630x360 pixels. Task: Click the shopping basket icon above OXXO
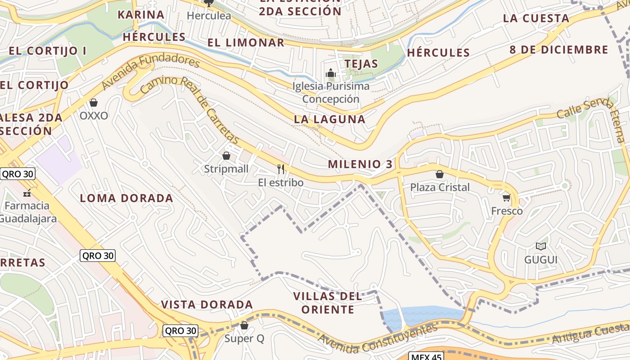coord(94,103)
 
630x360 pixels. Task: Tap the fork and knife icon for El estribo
coord(281,169)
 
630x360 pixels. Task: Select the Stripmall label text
coord(226,169)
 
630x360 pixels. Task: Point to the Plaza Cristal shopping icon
coord(440,174)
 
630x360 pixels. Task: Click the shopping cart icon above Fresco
coord(507,198)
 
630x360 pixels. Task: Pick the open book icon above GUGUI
coord(540,247)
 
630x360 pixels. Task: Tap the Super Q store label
coord(244,338)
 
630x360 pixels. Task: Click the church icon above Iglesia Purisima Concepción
coord(331,73)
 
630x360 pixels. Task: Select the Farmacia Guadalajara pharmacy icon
coord(27,193)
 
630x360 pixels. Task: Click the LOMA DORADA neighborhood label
coord(126,198)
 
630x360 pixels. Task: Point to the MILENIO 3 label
coord(360,164)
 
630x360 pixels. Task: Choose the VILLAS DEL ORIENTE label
coord(328,303)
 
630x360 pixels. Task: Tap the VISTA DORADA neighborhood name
coord(207,305)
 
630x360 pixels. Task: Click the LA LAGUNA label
coord(329,119)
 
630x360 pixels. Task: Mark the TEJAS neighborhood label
coord(361,64)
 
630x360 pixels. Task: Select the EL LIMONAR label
coord(246,43)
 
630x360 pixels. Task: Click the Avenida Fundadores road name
coord(150,72)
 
